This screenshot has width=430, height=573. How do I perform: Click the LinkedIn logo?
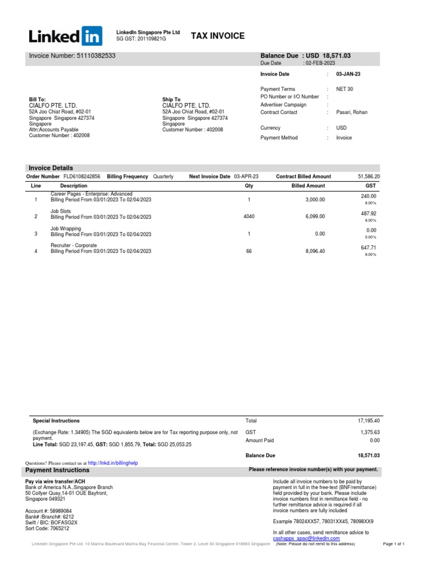pos(66,37)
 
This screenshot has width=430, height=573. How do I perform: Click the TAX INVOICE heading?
pos(218,36)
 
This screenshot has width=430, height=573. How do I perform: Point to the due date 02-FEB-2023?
pos(321,64)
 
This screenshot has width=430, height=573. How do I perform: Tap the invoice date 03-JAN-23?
pos(348,74)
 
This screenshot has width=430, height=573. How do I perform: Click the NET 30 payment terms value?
pos(344,89)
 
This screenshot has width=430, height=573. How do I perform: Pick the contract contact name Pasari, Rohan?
pos(352,112)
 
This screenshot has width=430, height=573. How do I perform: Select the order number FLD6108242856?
pos(82,176)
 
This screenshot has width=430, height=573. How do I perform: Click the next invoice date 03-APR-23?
pos(246,176)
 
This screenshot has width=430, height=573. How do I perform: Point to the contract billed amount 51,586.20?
pos(368,176)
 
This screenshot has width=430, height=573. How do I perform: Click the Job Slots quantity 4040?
pos(249,216)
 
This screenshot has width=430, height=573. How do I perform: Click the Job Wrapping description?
pos(66,228)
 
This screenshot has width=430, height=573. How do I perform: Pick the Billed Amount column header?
pos(308,185)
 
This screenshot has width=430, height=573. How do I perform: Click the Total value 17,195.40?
pos(368,420)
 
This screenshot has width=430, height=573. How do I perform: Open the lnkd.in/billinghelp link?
pos(113,463)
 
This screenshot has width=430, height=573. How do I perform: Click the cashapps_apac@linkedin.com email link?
pos(306,538)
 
